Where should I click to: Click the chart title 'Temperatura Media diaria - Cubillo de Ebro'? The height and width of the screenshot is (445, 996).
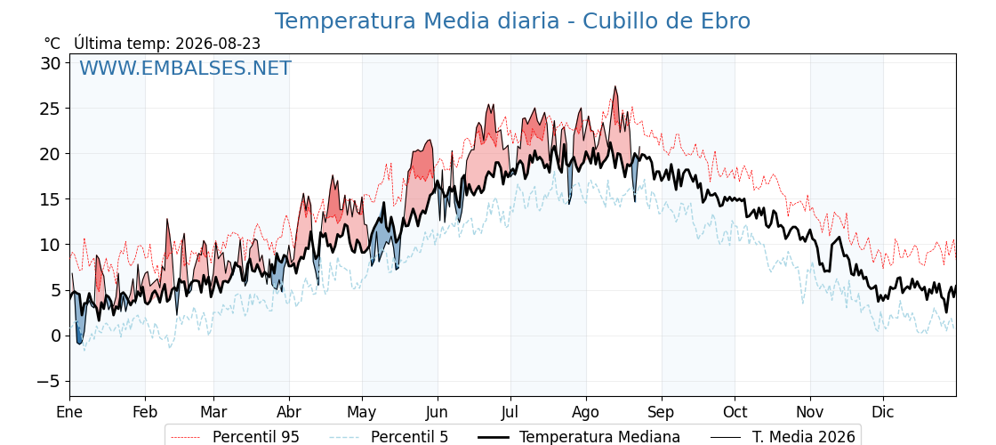(x=512, y=21)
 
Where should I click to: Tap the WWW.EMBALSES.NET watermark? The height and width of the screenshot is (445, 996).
(x=185, y=68)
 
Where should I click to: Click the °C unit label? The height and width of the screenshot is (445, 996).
(x=52, y=44)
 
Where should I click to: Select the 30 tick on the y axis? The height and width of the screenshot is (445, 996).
(x=52, y=63)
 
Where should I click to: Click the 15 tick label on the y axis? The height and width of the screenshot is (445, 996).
(x=52, y=199)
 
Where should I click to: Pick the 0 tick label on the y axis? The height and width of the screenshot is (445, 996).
(x=57, y=336)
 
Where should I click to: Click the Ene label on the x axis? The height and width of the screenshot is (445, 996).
(x=69, y=412)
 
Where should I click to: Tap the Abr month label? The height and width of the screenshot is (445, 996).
(x=289, y=412)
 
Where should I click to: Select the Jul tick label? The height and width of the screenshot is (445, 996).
(x=510, y=412)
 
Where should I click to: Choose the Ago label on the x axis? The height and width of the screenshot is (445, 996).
(x=586, y=412)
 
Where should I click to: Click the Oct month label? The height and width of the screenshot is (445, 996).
(x=735, y=412)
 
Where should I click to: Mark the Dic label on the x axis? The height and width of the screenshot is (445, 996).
(x=883, y=412)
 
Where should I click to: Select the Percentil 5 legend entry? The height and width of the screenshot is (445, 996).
(x=389, y=437)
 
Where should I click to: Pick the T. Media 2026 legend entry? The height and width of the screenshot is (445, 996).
(x=783, y=437)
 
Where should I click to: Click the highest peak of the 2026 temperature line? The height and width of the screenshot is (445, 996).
(x=614, y=86)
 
